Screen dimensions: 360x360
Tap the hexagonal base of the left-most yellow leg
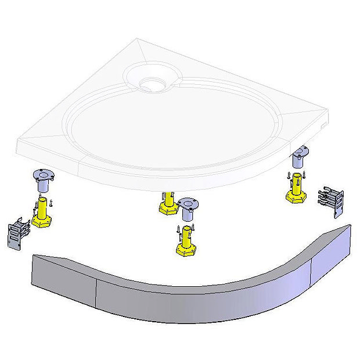[42, 221]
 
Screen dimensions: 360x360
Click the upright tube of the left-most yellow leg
[42, 207]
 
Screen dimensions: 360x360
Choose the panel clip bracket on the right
[332, 201]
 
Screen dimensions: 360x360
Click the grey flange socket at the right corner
[301, 155]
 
